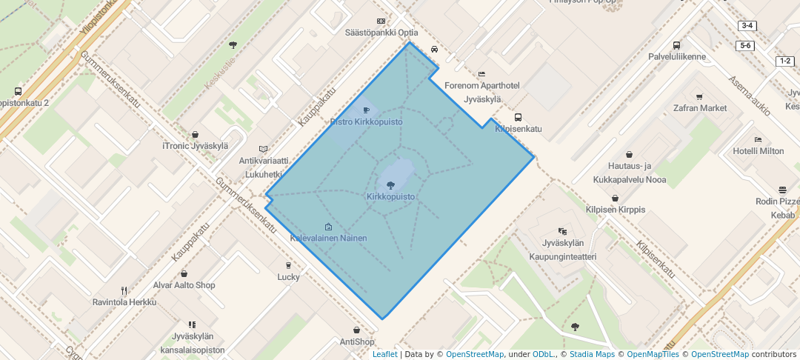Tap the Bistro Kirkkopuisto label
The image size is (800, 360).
[366, 121]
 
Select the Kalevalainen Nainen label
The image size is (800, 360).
[328, 239]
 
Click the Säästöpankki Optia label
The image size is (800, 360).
[381, 33]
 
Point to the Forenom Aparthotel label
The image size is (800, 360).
[482, 86]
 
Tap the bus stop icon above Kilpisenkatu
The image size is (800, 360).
[518, 117]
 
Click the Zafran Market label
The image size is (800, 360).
[699, 108]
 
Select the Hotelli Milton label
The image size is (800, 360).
[758, 151]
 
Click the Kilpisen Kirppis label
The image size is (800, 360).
[616, 210]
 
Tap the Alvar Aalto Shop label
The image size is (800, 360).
[184, 285]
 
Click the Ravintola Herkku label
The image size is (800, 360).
[124, 302]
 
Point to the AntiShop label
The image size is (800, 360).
[357, 341]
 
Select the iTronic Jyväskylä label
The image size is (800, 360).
[195, 146]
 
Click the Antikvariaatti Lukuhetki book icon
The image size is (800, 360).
[263, 149]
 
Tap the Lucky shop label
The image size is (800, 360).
[288, 277]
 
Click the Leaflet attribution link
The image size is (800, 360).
[384, 354]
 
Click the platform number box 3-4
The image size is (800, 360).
[747, 26]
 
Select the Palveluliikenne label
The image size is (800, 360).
[676, 56]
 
